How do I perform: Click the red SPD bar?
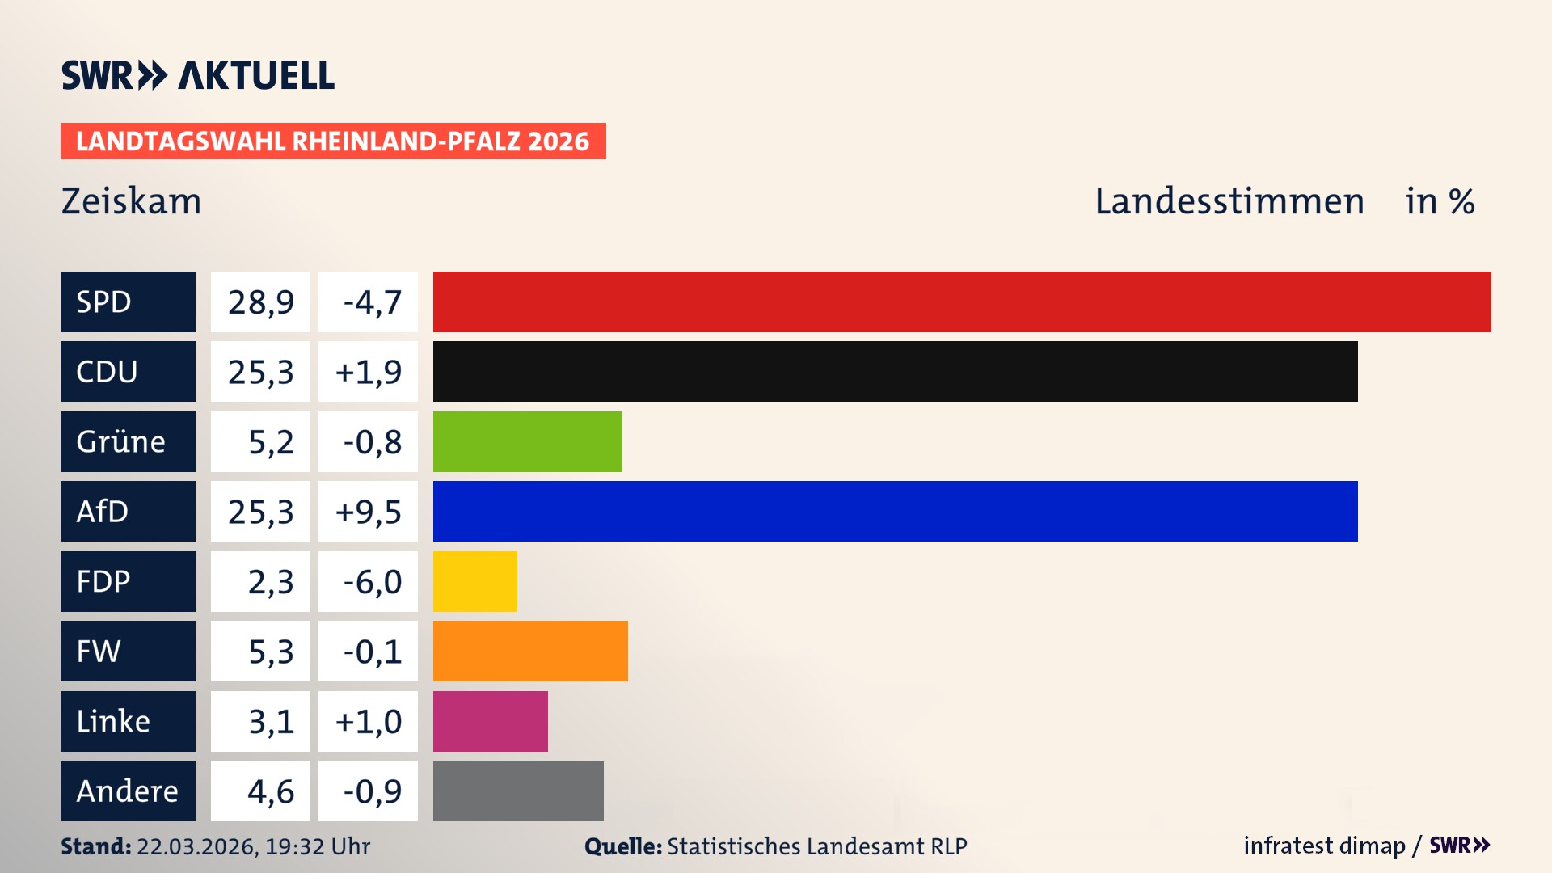coord(962,302)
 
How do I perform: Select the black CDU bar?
coord(895,371)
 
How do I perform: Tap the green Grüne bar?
coord(527,441)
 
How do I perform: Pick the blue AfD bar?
coord(895,511)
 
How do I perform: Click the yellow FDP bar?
coord(474,581)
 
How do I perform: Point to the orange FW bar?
coord(530,651)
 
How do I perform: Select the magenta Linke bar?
coord(490,721)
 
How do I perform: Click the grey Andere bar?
coord(518,791)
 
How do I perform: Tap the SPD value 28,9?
coord(260,302)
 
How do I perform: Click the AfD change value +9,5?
coord(368,512)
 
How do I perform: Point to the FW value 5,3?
coord(270,652)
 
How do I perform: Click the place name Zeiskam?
coord(131,201)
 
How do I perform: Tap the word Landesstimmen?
coord(1229,201)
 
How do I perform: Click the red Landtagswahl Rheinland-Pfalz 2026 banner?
coord(333,141)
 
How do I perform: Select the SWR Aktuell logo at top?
coord(198,75)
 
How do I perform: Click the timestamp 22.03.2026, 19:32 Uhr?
coord(253,846)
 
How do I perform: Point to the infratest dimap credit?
coord(1323,846)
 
